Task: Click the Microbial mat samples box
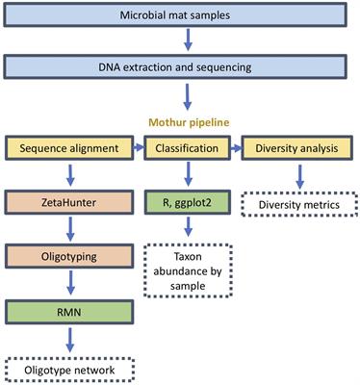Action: (x=180, y=16)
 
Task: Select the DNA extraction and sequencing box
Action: (x=180, y=67)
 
